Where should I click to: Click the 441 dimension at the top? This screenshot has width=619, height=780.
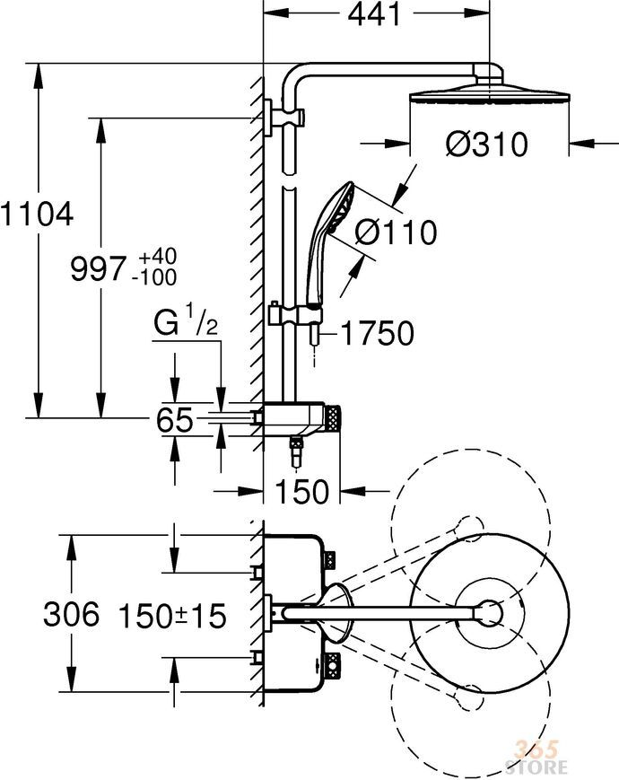point(374,15)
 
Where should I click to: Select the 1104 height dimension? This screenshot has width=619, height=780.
point(37,215)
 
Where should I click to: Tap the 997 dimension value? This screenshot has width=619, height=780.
point(98,269)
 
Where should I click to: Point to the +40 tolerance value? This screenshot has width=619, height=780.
point(157,257)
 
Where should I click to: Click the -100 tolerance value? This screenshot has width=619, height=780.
point(154,277)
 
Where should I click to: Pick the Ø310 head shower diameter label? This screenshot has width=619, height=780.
point(486,145)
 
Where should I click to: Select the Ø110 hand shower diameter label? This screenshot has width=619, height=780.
point(397,232)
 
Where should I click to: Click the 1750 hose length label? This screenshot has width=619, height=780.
point(378,333)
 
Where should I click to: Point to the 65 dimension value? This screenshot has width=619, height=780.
point(174,419)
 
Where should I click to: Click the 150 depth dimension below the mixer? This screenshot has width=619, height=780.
point(301,492)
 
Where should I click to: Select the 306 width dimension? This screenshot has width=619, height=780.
point(71,614)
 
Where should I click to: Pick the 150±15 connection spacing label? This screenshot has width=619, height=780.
point(172,616)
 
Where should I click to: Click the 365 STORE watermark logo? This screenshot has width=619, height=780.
point(537,758)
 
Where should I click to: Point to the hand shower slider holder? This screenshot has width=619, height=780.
point(295,314)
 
